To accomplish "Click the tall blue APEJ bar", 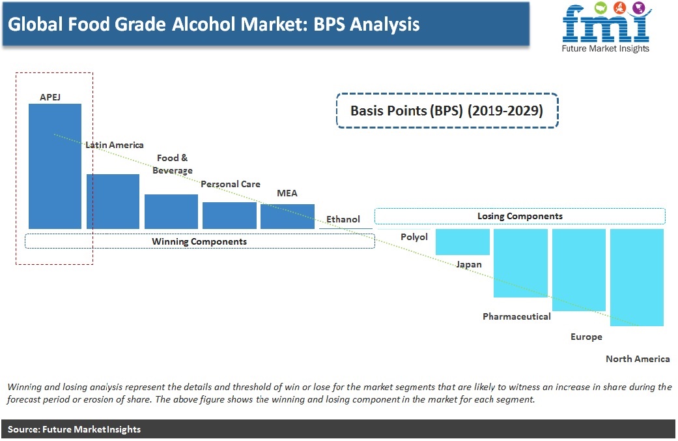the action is tap(55, 166).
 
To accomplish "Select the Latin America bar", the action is tap(113, 202).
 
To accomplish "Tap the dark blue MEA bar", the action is tap(287, 216).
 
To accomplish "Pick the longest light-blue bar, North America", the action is tap(636, 277).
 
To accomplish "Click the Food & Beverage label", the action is tap(173, 164).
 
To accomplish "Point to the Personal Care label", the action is tap(231, 184).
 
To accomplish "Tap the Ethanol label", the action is tap(343, 219).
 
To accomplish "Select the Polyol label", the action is tap(414, 237).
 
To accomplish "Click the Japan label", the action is tap(469, 264).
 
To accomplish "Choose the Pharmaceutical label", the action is tap(516, 316).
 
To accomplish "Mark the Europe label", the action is tap(586, 337).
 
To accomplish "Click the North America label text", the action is tap(638, 359).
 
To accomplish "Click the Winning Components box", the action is tap(200, 241).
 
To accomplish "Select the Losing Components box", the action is tap(520, 216).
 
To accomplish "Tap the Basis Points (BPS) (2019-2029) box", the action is tap(447, 110).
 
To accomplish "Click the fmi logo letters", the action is tap(606, 24).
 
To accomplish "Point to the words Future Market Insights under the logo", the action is tap(605, 48).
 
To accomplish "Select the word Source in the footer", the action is tap(24, 429).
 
